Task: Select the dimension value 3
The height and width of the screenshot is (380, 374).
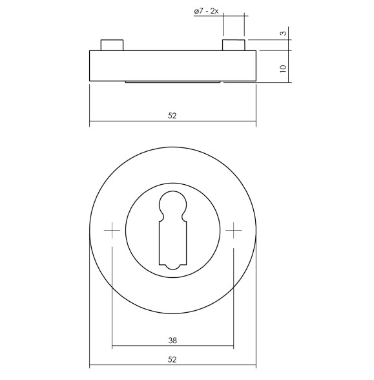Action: click(283, 34)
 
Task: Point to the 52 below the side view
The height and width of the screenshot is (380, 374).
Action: click(172, 116)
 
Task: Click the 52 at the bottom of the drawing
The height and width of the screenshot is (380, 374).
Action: click(172, 359)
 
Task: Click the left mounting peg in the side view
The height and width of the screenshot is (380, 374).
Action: click(111, 45)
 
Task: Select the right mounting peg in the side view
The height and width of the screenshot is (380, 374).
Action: click(233, 45)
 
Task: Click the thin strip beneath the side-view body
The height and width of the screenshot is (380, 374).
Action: click(172, 81)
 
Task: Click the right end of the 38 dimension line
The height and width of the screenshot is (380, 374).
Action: click(233, 346)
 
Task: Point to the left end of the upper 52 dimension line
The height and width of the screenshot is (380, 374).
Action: click(89, 121)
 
